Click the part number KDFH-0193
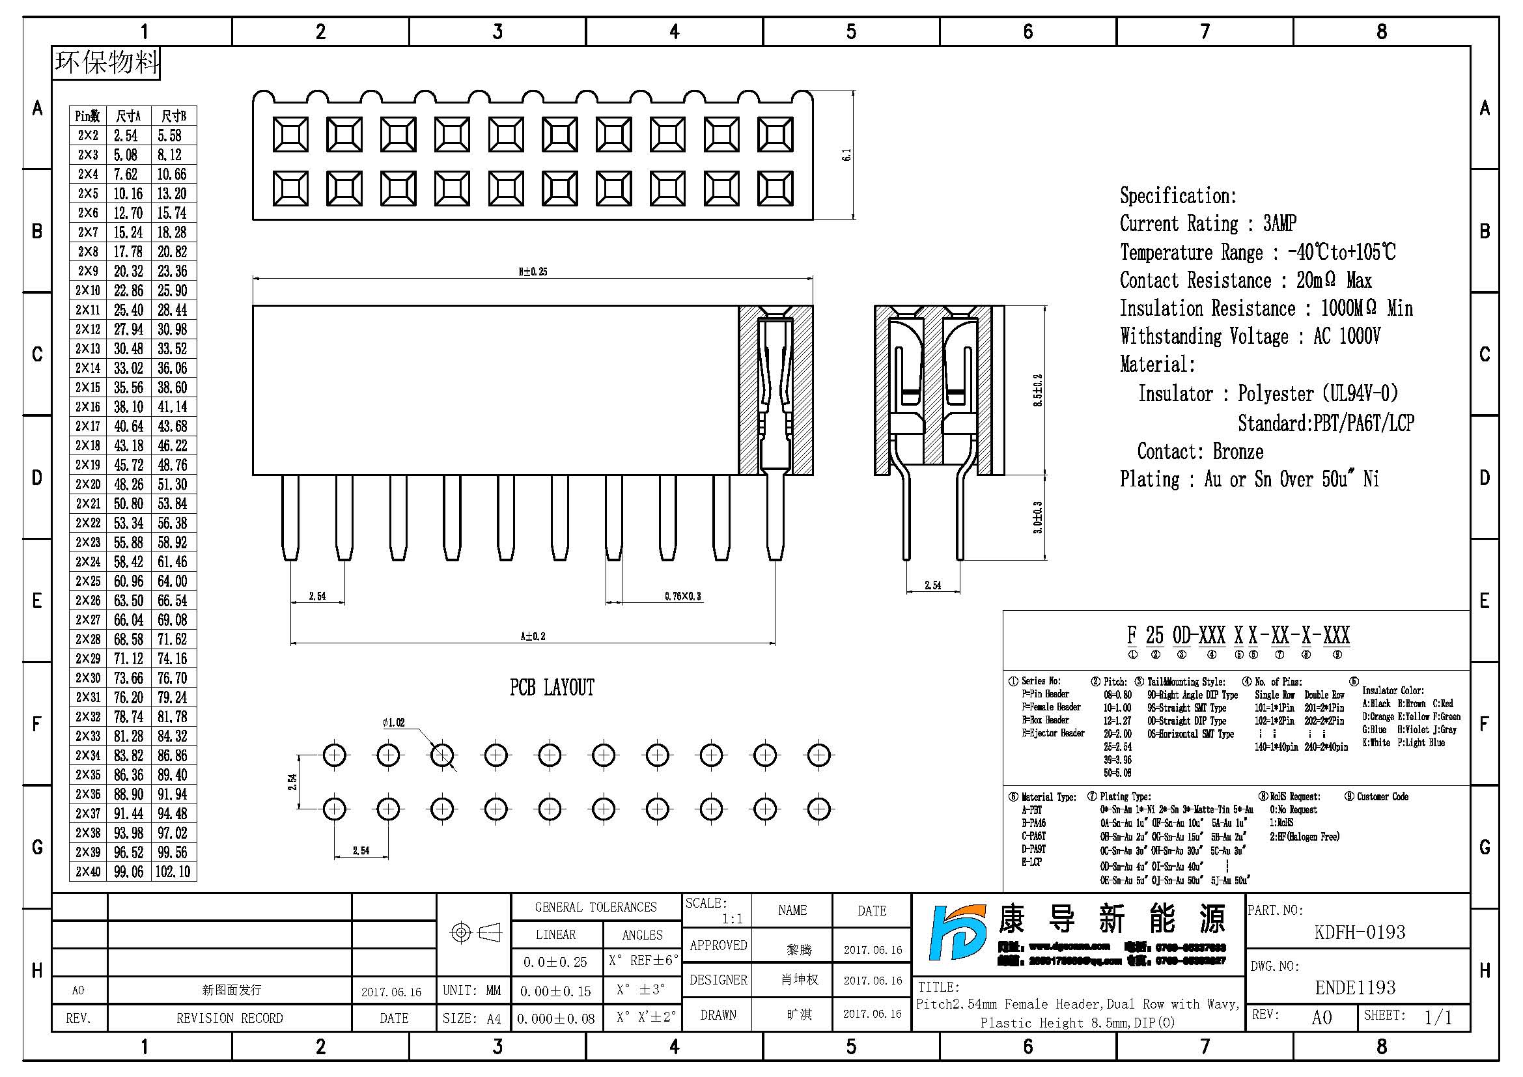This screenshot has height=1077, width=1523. [1359, 932]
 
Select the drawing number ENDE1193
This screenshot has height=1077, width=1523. [1355, 988]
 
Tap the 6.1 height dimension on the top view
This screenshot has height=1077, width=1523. [846, 154]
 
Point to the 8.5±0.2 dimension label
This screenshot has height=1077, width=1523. [1038, 390]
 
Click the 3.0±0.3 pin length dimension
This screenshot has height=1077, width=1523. [1038, 517]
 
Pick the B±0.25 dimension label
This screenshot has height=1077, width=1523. [533, 272]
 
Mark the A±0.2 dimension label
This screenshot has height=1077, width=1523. [533, 636]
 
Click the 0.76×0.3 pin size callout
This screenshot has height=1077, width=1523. [682, 596]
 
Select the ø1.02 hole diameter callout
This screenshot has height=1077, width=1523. [393, 722]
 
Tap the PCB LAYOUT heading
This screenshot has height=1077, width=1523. [552, 688]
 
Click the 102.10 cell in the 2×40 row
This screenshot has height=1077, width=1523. [173, 871]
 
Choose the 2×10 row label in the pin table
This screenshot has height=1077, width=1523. [87, 290]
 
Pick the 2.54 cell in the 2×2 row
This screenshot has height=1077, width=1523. [126, 135]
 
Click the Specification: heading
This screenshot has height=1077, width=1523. [1178, 195]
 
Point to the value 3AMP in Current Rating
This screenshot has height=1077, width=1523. [1279, 223]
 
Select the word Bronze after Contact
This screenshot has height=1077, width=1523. [1238, 452]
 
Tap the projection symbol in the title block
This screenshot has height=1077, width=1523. [475, 932]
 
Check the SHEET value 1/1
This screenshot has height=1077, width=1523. [1438, 1016]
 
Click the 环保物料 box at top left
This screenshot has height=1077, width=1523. [106, 63]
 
